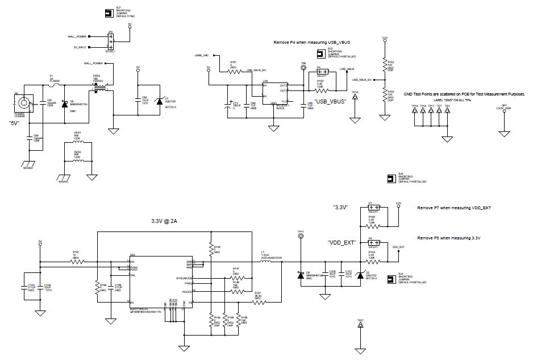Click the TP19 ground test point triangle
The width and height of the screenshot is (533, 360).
point(415,110)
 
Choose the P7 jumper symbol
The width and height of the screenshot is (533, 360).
point(372,208)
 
